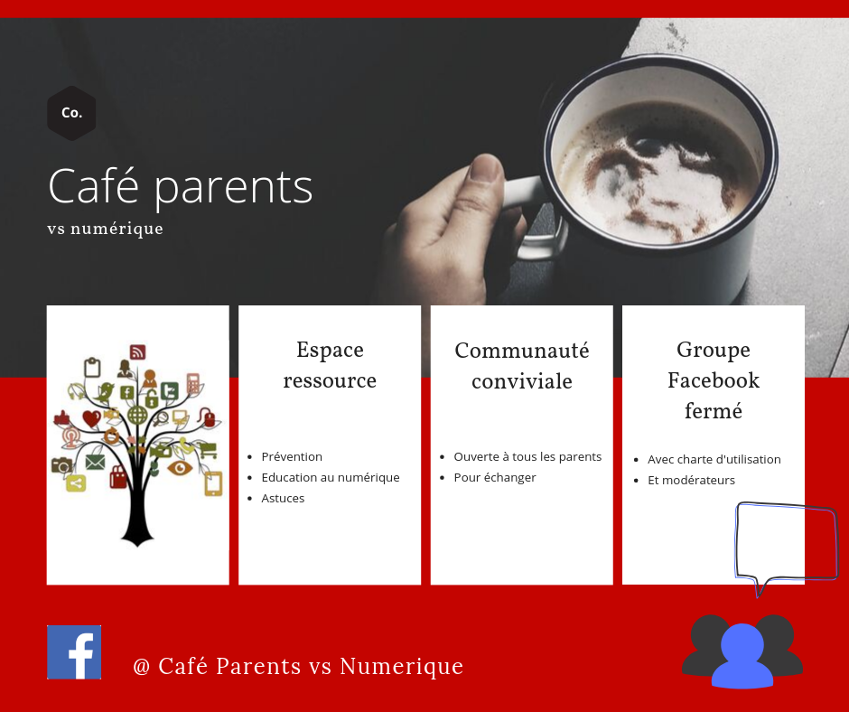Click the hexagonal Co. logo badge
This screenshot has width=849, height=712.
pyautogui.click(x=71, y=113)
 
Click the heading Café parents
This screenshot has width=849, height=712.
pyautogui.click(x=181, y=186)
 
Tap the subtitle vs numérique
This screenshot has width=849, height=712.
pyautogui.click(x=105, y=229)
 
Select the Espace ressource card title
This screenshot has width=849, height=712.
pyautogui.click(x=330, y=365)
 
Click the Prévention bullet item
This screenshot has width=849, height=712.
pyautogui.click(x=292, y=457)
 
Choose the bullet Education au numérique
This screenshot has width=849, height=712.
pyautogui.click(x=331, y=477)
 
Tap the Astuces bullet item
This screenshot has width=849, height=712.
pyautogui.click(x=283, y=499)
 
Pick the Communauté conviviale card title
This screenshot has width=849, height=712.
pyautogui.click(x=522, y=366)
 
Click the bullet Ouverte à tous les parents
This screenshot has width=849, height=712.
pyautogui.click(x=527, y=457)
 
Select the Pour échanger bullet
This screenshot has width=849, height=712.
pyautogui.click(x=494, y=477)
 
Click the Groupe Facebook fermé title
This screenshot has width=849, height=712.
pyautogui.click(x=714, y=379)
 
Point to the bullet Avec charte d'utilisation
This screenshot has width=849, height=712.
pyautogui.click(x=714, y=460)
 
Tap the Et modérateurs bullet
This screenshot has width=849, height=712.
pyautogui.click(x=691, y=480)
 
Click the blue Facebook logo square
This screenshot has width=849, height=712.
pyautogui.click(x=74, y=651)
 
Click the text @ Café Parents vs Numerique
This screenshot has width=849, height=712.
pyautogui.click(x=298, y=666)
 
